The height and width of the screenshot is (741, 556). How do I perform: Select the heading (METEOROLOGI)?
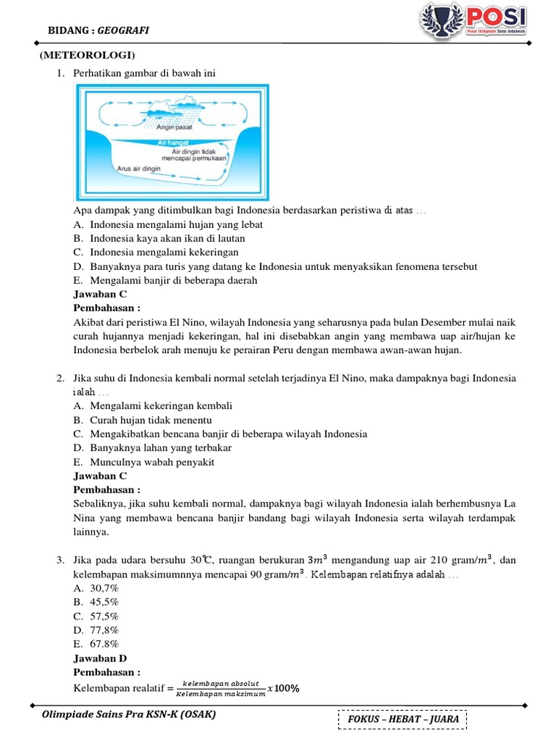[x=87, y=56]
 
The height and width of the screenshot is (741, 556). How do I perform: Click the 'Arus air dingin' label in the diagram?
[x=139, y=168]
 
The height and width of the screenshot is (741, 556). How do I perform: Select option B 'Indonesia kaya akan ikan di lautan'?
[x=159, y=238]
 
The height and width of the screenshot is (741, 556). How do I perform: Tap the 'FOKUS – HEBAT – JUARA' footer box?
[x=402, y=720]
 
